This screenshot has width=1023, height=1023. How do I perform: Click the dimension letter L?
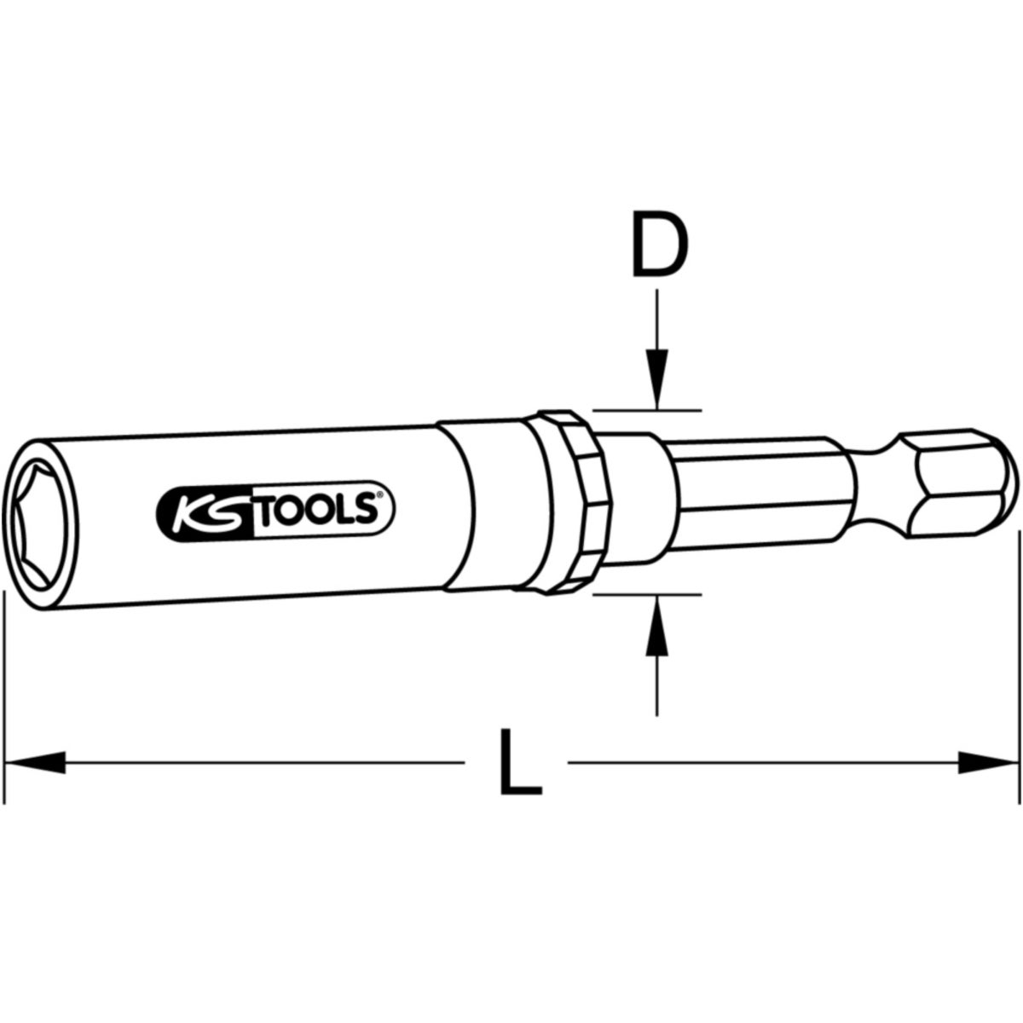point(519,761)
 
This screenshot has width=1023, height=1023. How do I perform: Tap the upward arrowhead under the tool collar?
point(656,627)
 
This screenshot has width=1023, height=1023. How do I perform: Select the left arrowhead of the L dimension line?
point(34,761)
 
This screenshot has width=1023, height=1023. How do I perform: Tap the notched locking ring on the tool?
point(564,500)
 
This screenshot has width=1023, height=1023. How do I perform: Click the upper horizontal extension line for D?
point(648,410)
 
